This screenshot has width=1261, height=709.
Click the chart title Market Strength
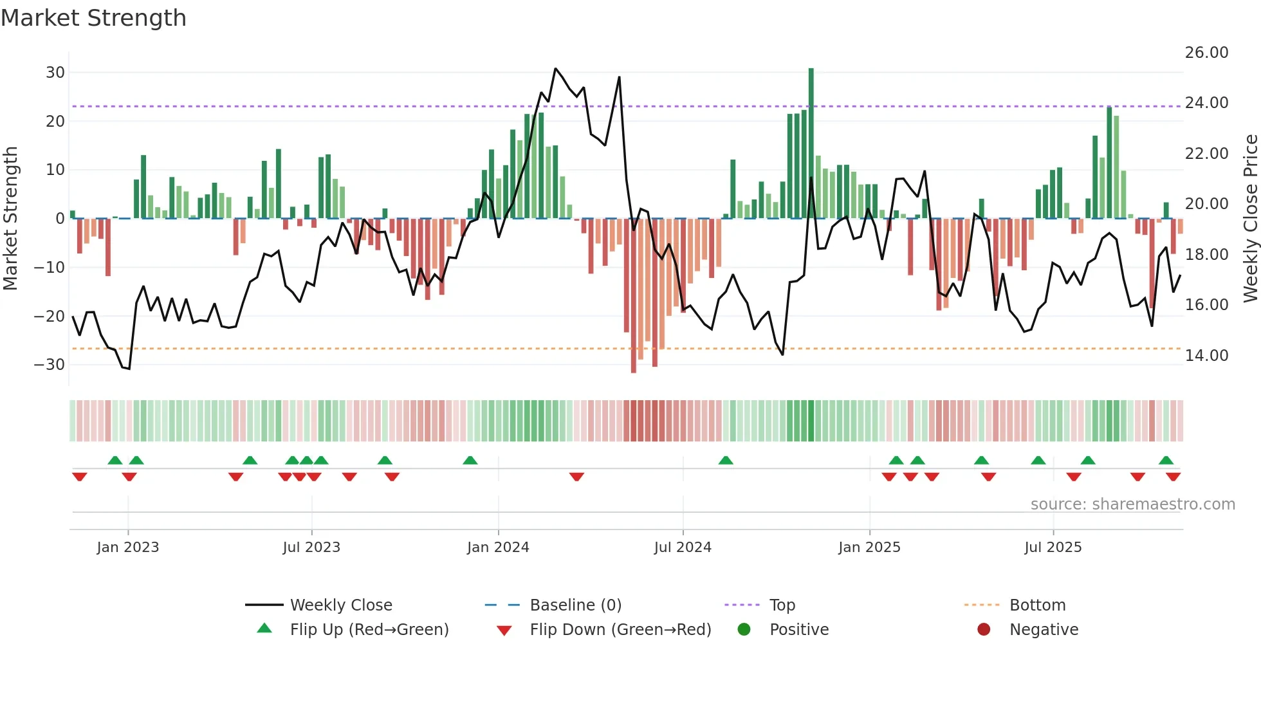(93, 18)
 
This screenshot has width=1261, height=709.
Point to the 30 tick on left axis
(55, 73)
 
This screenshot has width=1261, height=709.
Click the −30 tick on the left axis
(50, 365)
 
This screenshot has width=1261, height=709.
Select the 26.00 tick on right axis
(1206, 53)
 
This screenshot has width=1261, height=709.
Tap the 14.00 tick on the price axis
(1206, 356)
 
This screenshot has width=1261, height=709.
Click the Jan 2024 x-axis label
(498, 548)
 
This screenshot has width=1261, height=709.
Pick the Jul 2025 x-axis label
(1053, 548)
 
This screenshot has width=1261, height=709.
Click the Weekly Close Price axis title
(1250, 219)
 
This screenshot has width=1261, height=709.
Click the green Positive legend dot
(744, 630)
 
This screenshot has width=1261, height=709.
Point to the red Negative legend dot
(984, 630)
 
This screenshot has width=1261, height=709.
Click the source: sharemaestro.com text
(1132, 504)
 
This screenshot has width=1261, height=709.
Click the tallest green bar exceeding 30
(811, 142)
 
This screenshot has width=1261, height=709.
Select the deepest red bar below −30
(634, 296)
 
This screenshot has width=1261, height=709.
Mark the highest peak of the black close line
(555, 69)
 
